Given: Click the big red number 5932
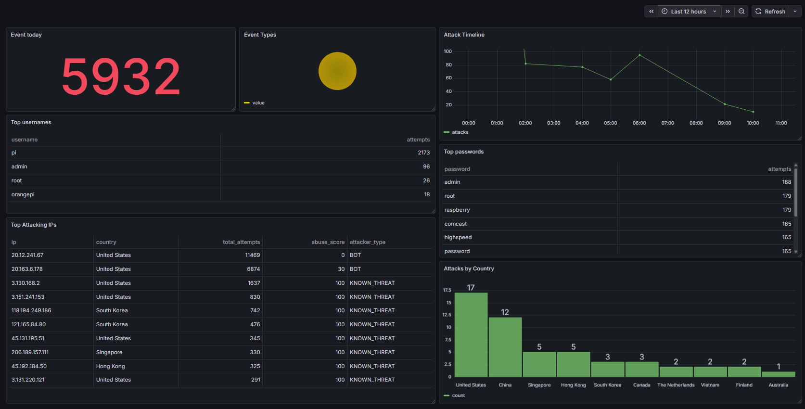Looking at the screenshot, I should click(121, 77).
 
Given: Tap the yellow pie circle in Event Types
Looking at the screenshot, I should click(337, 71).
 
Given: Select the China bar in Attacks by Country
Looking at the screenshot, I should click(505, 347).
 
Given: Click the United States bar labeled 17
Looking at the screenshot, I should click(471, 334).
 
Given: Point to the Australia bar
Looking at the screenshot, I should click(779, 374).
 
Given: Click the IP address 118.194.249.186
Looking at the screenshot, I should click(31, 311).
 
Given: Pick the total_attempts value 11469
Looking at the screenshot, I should click(252, 256).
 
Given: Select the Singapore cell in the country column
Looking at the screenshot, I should click(109, 353).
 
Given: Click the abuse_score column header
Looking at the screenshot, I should click(328, 242).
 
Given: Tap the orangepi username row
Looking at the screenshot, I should click(23, 195).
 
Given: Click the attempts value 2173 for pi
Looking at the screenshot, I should click(423, 153).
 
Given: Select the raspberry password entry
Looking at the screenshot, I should click(457, 210).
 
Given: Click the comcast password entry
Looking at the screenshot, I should click(456, 224).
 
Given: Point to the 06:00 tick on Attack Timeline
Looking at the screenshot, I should click(639, 123).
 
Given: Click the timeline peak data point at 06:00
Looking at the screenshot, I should click(639, 55).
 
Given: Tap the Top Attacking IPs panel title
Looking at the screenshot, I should click(34, 225).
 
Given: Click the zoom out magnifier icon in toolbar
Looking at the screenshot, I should click(741, 12).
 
